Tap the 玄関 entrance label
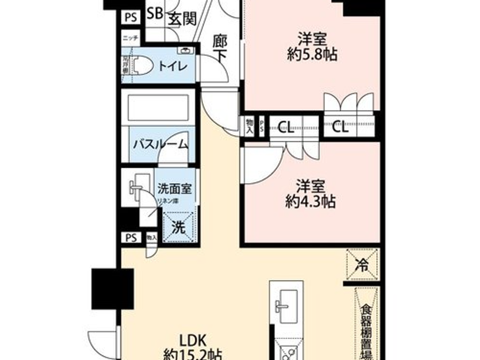(183, 19)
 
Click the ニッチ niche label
(131, 38)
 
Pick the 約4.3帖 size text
(310, 202)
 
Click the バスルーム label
(160, 144)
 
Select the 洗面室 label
(175, 189)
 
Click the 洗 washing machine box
(178, 227)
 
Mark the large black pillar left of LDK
(112, 289)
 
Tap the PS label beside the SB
(131, 17)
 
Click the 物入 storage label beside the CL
(249, 126)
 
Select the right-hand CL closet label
(340, 128)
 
